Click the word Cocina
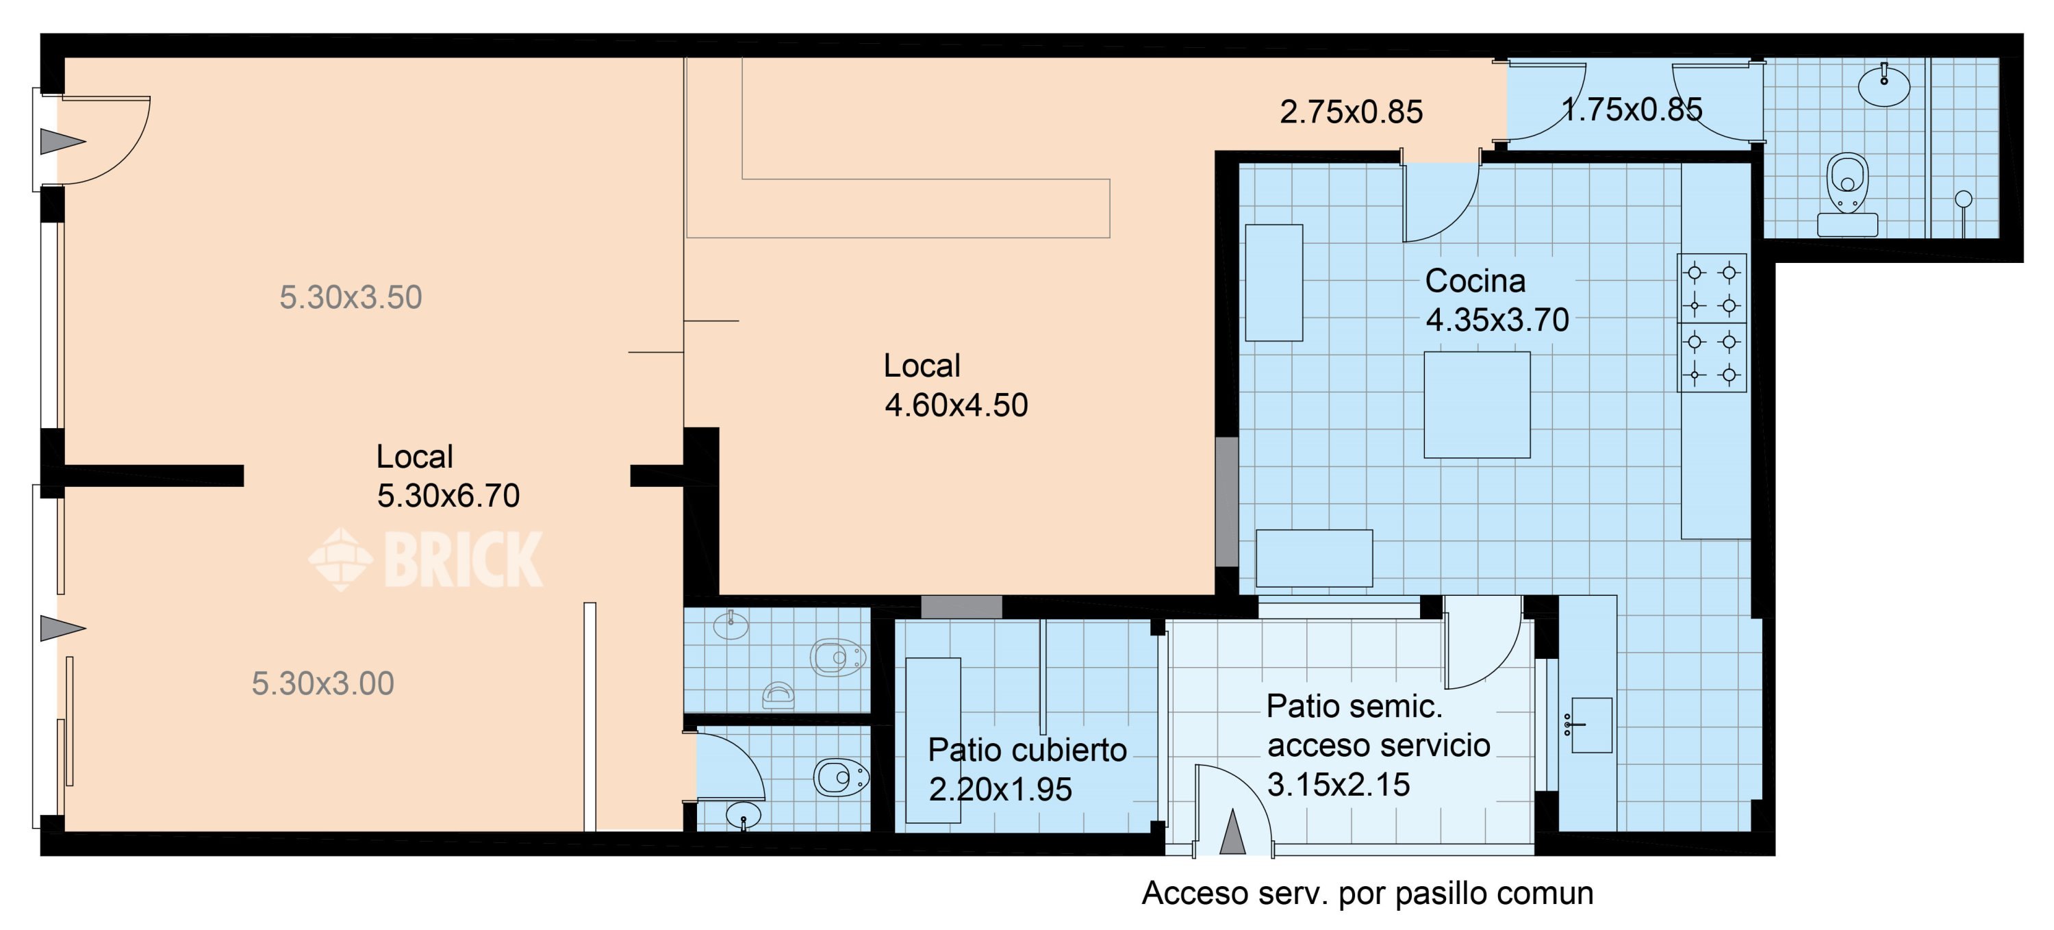[1475, 281]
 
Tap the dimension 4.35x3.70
[1497, 320]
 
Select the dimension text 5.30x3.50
[350, 297]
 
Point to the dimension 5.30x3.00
[323, 683]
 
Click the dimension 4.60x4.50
[956, 405]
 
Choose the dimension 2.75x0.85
[1351, 112]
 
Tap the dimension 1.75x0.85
[1632, 110]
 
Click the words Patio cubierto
[1027, 751]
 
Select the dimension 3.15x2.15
[1338, 785]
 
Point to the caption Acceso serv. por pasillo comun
[1367, 893]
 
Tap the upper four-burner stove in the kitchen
[1711, 289]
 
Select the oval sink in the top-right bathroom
[1884, 86]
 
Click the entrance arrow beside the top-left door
[63, 142]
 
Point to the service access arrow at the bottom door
[1232, 832]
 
